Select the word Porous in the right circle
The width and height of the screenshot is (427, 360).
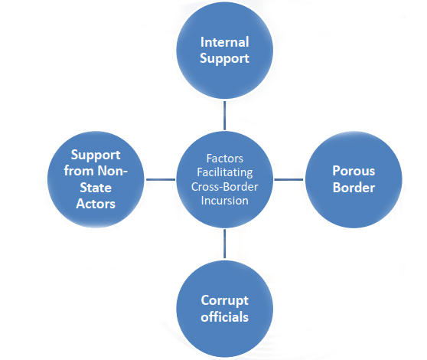click(353, 170)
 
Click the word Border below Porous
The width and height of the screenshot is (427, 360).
click(353, 188)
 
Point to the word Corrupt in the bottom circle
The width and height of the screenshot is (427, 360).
click(225, 299)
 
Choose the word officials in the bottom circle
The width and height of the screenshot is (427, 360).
click(225, 316)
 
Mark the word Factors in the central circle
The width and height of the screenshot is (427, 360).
click(225, 159)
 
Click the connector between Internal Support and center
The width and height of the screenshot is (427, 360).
click(225, 116)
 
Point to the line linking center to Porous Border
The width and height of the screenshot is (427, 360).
click(288, 179)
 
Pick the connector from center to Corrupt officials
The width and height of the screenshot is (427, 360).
click(225, 244)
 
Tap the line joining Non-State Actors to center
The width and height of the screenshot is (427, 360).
click(160, 179)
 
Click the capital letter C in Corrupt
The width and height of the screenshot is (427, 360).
click(205, 299)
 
